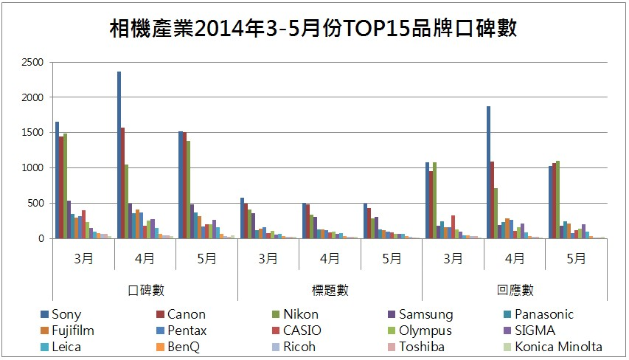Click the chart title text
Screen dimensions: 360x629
pyautogui.click(x=313, y=29)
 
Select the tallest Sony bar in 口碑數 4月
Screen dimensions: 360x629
pyautogui.click(x=119, y=155)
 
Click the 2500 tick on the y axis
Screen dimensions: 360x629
pyautogui.click(x=32, y=62)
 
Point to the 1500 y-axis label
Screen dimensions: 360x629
pyautogui.click(x=32, y=133)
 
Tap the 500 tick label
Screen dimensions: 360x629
pyautogui.click(x=35, y=204)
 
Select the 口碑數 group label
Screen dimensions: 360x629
pyautogui.click(x=145, y=290)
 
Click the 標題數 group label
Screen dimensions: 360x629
pyautogui.click(x=330, y=290)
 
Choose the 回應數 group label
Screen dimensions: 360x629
pyautogui.click(x=515, y=290)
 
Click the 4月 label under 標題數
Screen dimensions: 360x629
pyautogui.click(x=330, y=258)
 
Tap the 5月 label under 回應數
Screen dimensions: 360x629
pyautogui.click(x=576, y=258)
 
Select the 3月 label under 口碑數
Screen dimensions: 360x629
pyautogui.click(x=83, y=258)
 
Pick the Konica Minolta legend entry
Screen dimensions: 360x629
pyautogui.click(x=558, y=347)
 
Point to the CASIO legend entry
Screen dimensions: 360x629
pyautogui.click(x=301, y=331)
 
